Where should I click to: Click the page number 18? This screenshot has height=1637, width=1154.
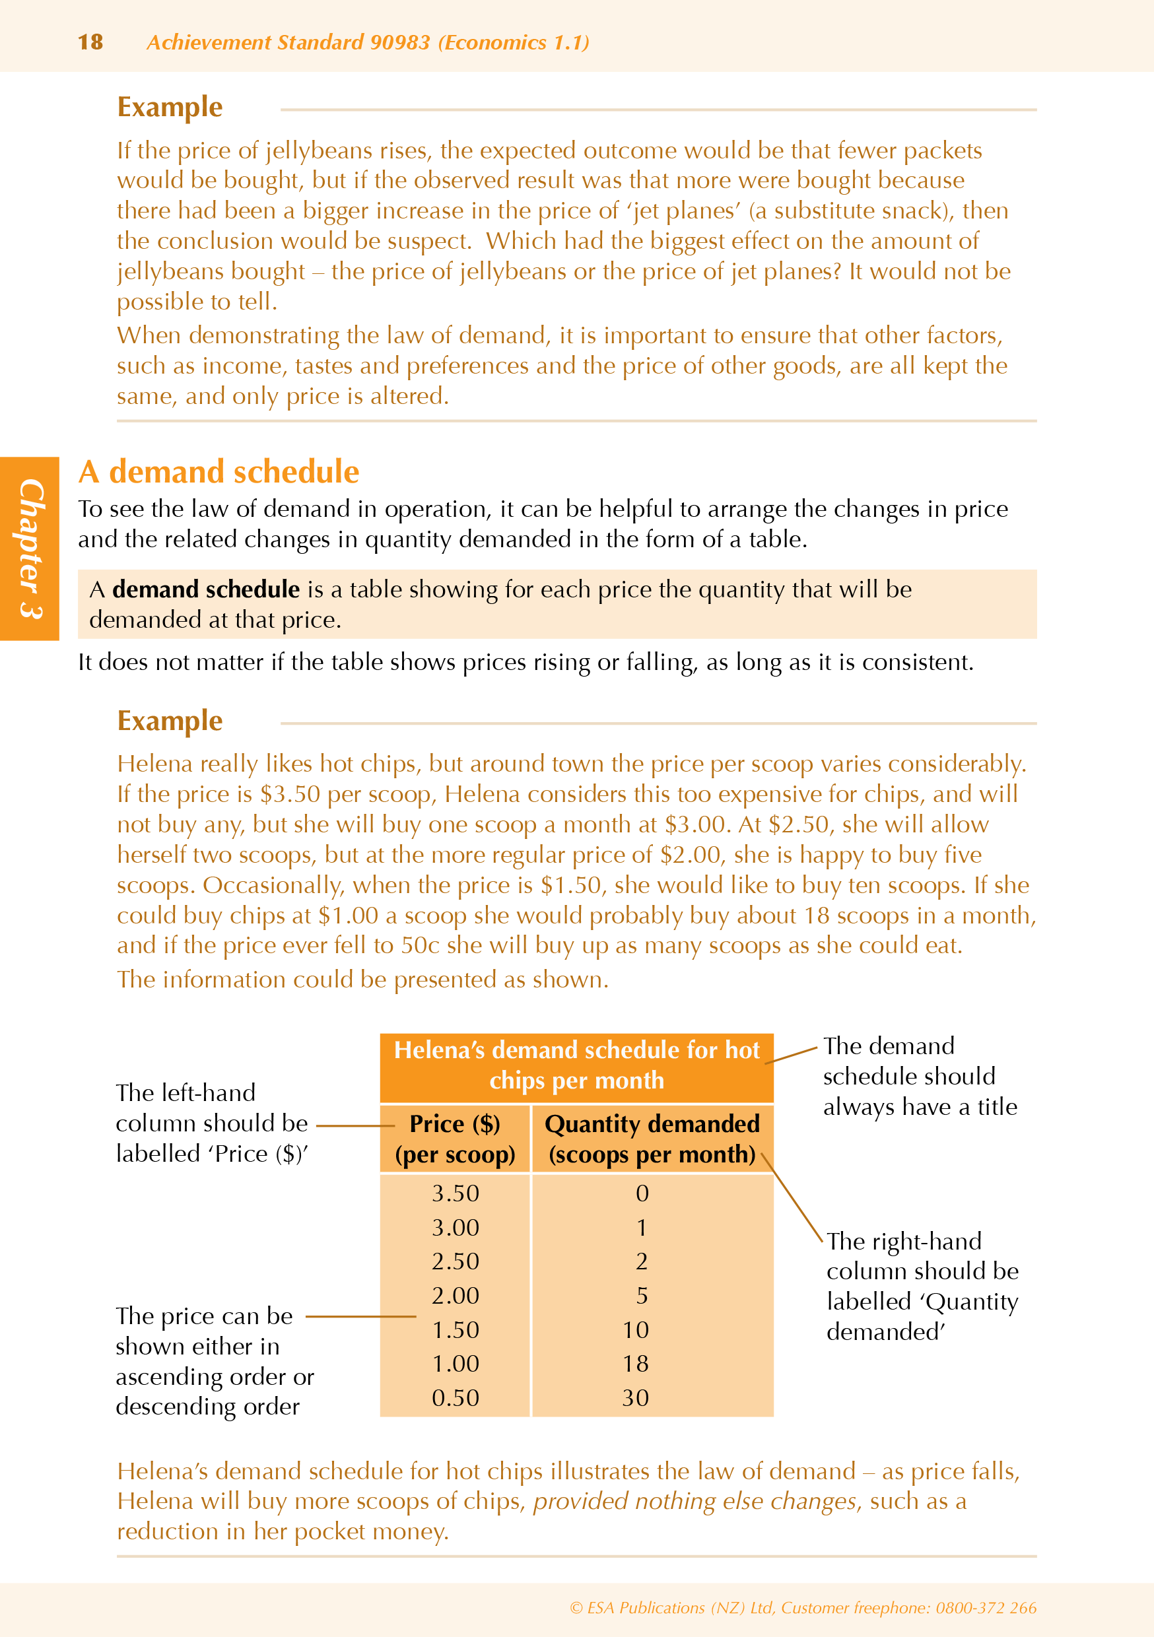(90, 42)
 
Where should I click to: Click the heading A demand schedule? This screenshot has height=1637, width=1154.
(219, 472)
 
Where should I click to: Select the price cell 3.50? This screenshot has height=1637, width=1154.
(455, 1193)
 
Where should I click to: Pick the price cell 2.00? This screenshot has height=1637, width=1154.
(455, 1296)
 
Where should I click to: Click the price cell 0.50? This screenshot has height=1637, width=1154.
(455, 1397)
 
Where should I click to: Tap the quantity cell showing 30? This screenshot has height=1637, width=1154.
(636, 1397)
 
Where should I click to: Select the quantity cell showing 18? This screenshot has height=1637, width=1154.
(636, 1363)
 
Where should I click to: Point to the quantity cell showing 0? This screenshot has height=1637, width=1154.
(642, 1193)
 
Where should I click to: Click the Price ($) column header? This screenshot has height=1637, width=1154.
(455, 1139)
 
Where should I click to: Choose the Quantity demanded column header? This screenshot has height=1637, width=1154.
(652, 1139)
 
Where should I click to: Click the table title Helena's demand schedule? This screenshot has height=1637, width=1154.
(576, 1065)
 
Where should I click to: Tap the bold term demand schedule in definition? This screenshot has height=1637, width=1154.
(205, 589)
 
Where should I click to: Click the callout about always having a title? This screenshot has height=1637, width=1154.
(920, 1077)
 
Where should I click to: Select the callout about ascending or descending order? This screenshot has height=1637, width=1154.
(214, 1361)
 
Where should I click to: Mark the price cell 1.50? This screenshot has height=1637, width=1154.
(455, 1329)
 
